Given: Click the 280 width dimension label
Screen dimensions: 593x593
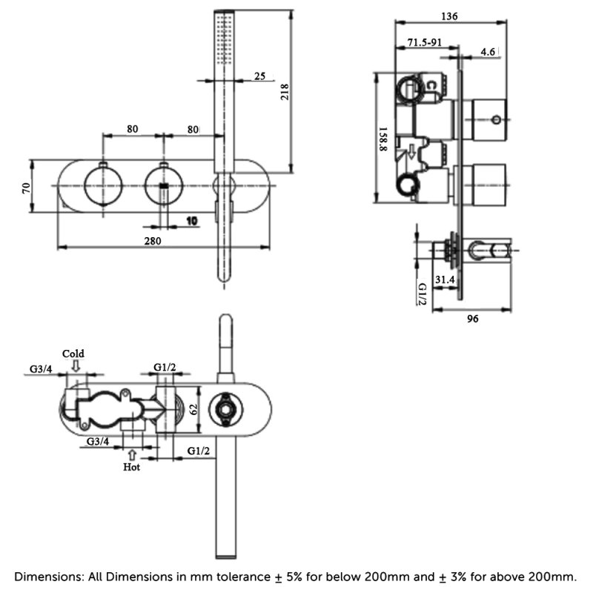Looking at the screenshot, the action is click(153, 241).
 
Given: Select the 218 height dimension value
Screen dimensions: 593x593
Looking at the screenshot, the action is click(284, 92).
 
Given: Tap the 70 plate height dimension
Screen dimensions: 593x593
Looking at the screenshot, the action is click(26, 188).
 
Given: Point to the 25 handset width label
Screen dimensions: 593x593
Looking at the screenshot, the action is click(260, 76).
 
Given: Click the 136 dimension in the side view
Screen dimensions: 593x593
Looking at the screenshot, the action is click(449, 16).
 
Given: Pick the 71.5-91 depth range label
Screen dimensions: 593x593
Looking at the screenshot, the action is click(424, 42).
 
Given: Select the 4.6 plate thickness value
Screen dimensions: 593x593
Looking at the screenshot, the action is click(488, 51).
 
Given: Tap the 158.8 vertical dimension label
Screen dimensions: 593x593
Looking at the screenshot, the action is click(383, 139).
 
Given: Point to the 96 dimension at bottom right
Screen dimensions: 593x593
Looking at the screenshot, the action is click(472, 319).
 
